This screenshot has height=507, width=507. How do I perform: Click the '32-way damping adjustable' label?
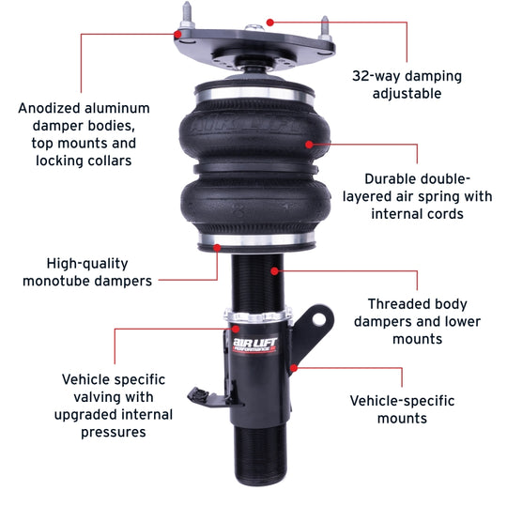coord(407,84)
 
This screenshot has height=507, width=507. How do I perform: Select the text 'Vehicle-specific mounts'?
coord(402,409)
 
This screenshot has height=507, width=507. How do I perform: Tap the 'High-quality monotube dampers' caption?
coord(87,272)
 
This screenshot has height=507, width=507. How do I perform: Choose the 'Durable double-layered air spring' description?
coord(415,195)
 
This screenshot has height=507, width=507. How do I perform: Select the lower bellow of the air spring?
coord(253,208)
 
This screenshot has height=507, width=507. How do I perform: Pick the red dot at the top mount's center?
coord(269,20)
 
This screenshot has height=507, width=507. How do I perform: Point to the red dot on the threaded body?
coord(275,269)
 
